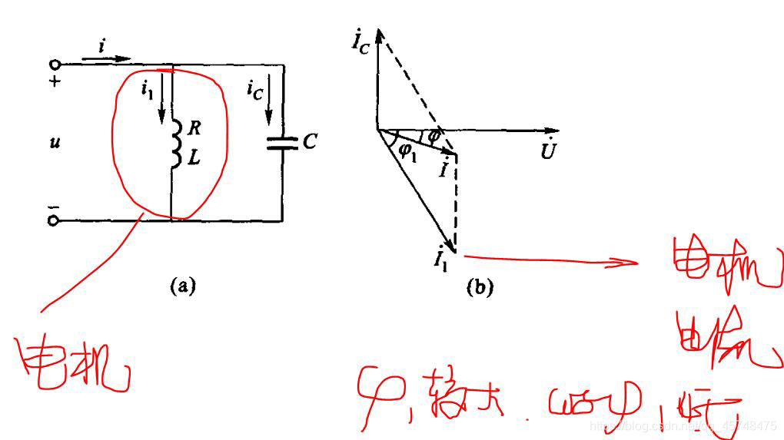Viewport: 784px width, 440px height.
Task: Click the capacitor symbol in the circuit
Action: [284, 142]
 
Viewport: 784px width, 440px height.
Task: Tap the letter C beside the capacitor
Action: [309, 141]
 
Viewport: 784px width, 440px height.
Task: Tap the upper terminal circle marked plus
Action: [54, 66]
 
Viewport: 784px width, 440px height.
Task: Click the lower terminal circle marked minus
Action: [54, 221]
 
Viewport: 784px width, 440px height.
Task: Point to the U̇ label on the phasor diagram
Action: [547, 151]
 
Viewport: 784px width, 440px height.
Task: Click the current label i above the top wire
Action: [102, 48]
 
